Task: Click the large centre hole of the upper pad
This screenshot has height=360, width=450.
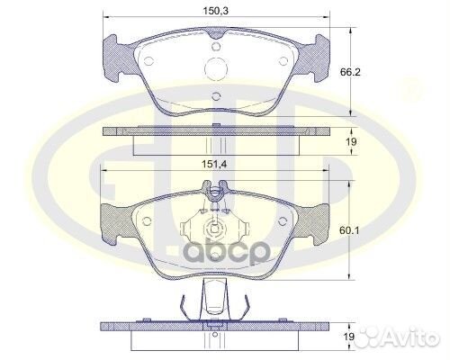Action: pos(216,68)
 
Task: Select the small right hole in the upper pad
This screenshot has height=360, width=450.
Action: pos(283,61)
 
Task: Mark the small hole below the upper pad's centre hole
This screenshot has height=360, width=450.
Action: pos(216,94)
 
